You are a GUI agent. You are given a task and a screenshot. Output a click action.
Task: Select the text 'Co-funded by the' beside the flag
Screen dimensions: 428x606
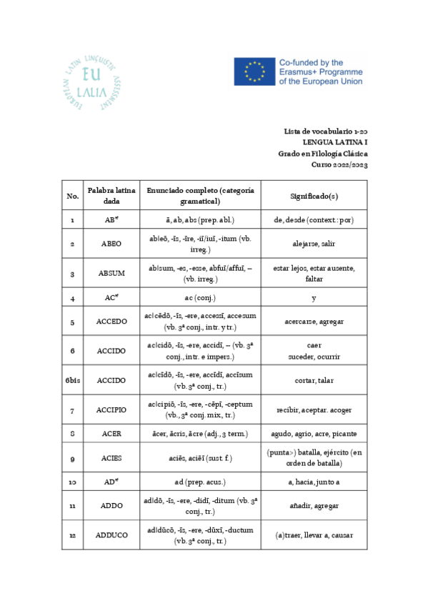tap(311, 63)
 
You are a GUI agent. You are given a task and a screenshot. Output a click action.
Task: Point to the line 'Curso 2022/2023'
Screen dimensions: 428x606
tap(339, 164)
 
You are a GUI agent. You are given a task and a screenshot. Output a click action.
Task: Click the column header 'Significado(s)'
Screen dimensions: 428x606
tap(314, 195)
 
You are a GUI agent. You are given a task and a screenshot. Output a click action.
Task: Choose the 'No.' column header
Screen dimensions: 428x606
tap(72, 195)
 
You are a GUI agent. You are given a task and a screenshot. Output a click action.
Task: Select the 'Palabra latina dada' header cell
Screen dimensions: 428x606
tap(111, 195)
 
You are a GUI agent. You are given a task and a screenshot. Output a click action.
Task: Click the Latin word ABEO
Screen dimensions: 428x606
tap(111, 244)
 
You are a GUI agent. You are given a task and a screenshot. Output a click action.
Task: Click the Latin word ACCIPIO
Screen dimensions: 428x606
tap(111, 410)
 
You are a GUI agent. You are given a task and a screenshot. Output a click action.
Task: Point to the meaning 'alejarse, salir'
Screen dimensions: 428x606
tap(314, 244)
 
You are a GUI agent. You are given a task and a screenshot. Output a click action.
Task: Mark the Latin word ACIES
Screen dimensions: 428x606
tap(111, 457)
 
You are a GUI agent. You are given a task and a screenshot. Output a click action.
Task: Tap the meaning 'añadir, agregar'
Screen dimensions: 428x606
tap(314, 506)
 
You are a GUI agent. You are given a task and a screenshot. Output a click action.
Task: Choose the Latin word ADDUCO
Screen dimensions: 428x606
tap(111, 535)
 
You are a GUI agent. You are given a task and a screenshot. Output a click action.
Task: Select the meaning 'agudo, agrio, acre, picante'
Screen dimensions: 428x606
tap(314, 434)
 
